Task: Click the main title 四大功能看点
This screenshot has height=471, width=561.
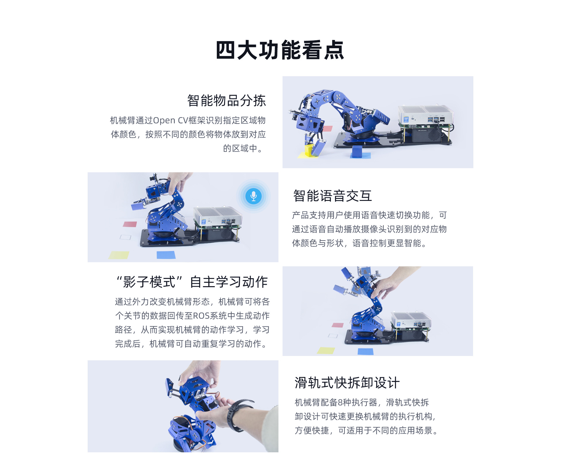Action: point(280,50)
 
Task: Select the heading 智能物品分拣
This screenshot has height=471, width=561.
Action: point(226,101)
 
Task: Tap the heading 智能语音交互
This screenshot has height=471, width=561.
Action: point(333,196)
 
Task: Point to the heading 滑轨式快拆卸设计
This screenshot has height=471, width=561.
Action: point(347,383)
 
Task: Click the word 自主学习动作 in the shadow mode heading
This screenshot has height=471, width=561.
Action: point(229,282)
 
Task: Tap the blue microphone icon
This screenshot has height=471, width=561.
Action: point(254,196)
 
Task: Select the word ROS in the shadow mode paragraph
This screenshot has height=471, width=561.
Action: point(201,316)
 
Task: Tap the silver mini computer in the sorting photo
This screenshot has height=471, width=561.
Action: point(426,116)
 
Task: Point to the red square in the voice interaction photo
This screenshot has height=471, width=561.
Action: point(130,224)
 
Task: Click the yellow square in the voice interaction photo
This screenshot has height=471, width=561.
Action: point(119,255)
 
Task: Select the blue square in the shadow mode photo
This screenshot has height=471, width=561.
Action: point(366,351)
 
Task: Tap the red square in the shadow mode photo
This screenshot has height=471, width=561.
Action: point(338,325)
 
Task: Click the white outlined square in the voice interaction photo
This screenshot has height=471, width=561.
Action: point(125,237)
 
